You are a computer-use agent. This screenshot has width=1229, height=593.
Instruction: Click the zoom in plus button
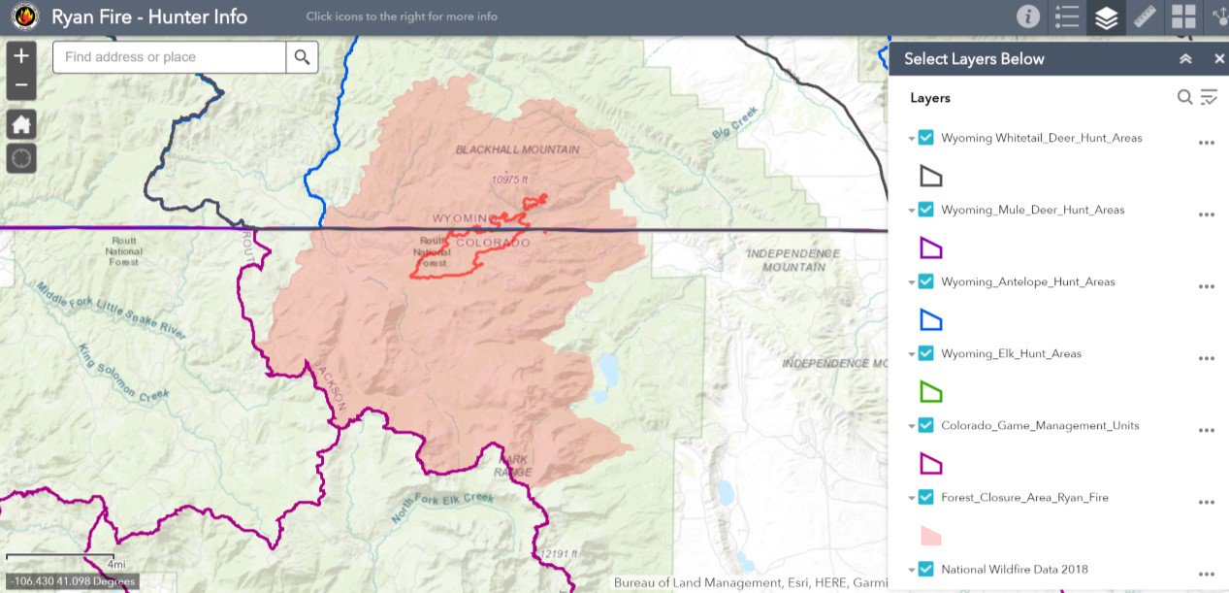pos(21,55)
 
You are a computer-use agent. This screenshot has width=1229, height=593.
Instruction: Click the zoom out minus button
pos(21,85)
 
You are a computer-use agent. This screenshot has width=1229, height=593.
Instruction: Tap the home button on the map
pos(21,124)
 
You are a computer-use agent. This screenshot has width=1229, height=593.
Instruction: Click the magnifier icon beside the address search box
pos(302,57)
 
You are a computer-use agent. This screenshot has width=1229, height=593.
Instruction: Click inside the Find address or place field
pos(170,57)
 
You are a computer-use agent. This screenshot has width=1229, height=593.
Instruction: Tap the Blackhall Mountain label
pos(518,149)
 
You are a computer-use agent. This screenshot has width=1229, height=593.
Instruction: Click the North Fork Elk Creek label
pos(441,509)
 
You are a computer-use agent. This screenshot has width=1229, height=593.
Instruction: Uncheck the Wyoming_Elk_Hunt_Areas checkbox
pos(925,353)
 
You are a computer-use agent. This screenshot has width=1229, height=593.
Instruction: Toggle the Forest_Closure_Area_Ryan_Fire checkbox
pos(925,497)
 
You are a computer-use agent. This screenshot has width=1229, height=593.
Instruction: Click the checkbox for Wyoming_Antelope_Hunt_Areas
pos(925,281)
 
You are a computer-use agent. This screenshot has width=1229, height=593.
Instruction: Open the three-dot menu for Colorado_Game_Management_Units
pos(1206,430)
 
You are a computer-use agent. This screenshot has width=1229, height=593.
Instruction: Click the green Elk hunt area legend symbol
pos(930,392)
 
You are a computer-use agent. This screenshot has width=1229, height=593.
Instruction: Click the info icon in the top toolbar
pos(1027,16)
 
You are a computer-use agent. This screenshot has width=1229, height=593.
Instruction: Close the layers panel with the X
pos(1219,59)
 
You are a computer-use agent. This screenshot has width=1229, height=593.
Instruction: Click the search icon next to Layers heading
pos(1184,97)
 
